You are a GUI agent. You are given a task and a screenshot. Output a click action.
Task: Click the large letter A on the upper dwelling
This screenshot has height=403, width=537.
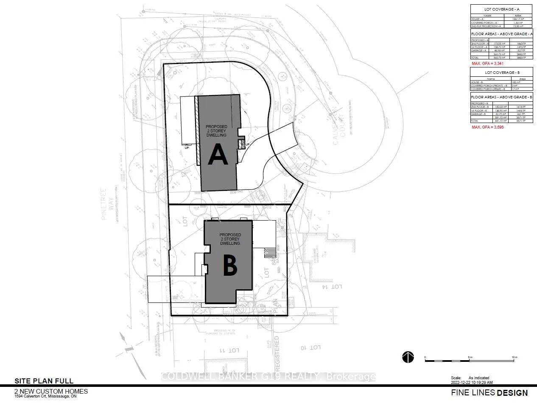(218, 155)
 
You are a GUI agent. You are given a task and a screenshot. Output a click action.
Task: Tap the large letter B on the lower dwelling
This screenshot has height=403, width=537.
(229, 266)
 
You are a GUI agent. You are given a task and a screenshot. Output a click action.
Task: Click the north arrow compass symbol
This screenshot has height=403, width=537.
(408, 358)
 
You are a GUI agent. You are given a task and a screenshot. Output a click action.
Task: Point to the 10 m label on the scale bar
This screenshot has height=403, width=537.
(514, 357)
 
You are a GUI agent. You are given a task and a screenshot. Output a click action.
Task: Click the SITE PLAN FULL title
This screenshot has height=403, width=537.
(44, 381)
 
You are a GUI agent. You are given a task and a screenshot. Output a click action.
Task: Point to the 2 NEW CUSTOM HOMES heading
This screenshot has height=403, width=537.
(51, 391)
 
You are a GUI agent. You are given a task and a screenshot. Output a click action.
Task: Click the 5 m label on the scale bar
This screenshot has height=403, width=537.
(470, 357)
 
